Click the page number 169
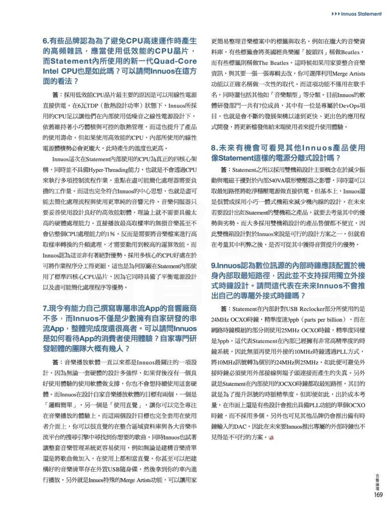378,494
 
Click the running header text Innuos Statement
362,14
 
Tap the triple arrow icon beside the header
335,14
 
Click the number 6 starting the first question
45,41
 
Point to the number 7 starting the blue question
45,308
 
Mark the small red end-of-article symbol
271,438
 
